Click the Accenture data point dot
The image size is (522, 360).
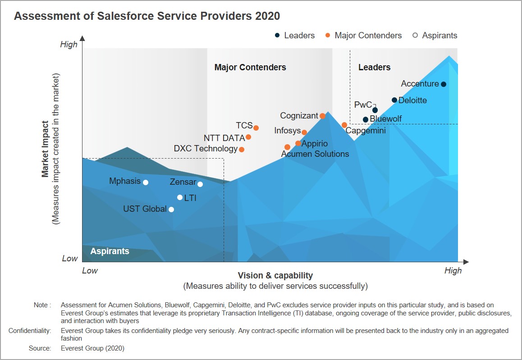(444, 84)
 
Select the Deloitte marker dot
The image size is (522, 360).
(394, 100)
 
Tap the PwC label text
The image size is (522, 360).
(363, 105)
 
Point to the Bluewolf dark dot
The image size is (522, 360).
(366, 119)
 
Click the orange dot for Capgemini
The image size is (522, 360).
(344, 125)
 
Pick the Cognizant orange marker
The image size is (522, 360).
(322, 116)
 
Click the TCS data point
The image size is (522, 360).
(256, 128)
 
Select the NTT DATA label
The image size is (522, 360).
(224, 138)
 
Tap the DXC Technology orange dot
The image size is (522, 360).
(242, 150)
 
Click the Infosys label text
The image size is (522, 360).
(287, 131)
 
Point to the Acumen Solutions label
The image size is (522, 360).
(315, 154)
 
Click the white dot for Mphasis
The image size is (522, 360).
(146, 182)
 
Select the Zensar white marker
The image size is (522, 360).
(200, 184)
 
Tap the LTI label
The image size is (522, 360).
(190, 198)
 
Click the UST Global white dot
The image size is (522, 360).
(171, 210)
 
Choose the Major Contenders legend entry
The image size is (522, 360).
(368, 36)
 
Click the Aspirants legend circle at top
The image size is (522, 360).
(415, 36)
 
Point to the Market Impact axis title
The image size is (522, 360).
(46, 149)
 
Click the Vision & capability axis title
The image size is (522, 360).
(275, 275)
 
